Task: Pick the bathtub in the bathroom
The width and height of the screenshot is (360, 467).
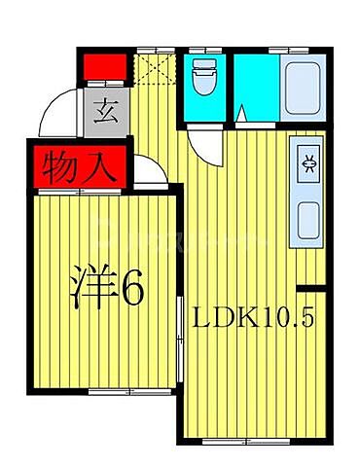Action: pos(304,86)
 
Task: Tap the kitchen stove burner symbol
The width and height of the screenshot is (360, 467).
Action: pos(308,162)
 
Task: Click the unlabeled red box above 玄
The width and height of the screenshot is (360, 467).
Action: pos(104,67)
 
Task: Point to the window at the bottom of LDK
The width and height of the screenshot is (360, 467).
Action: pos(245,441)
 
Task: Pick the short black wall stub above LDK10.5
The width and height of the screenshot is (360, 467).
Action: pos(309,287)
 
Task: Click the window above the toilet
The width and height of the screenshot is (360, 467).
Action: pos(203,49)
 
